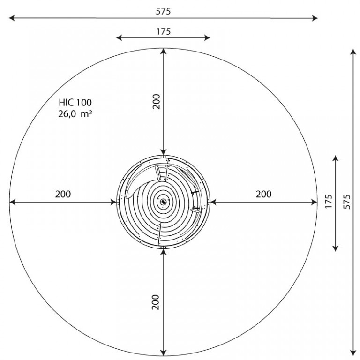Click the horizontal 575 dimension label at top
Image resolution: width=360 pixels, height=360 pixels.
tap(163, 11)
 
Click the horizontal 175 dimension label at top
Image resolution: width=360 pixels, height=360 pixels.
tap(164, 31)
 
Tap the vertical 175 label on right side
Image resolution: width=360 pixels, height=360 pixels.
tap(329, 202)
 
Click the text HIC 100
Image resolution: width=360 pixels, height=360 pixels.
tap(75, 102)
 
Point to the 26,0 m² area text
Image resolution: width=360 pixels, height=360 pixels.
tap(75, 114)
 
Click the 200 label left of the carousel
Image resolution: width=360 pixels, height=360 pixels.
tap(63, 194)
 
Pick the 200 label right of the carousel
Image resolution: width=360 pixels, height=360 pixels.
tap(263, 194)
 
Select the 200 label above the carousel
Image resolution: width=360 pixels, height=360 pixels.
tap(156, 101)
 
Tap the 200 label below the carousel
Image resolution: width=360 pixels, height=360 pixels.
tap(156, 302)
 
